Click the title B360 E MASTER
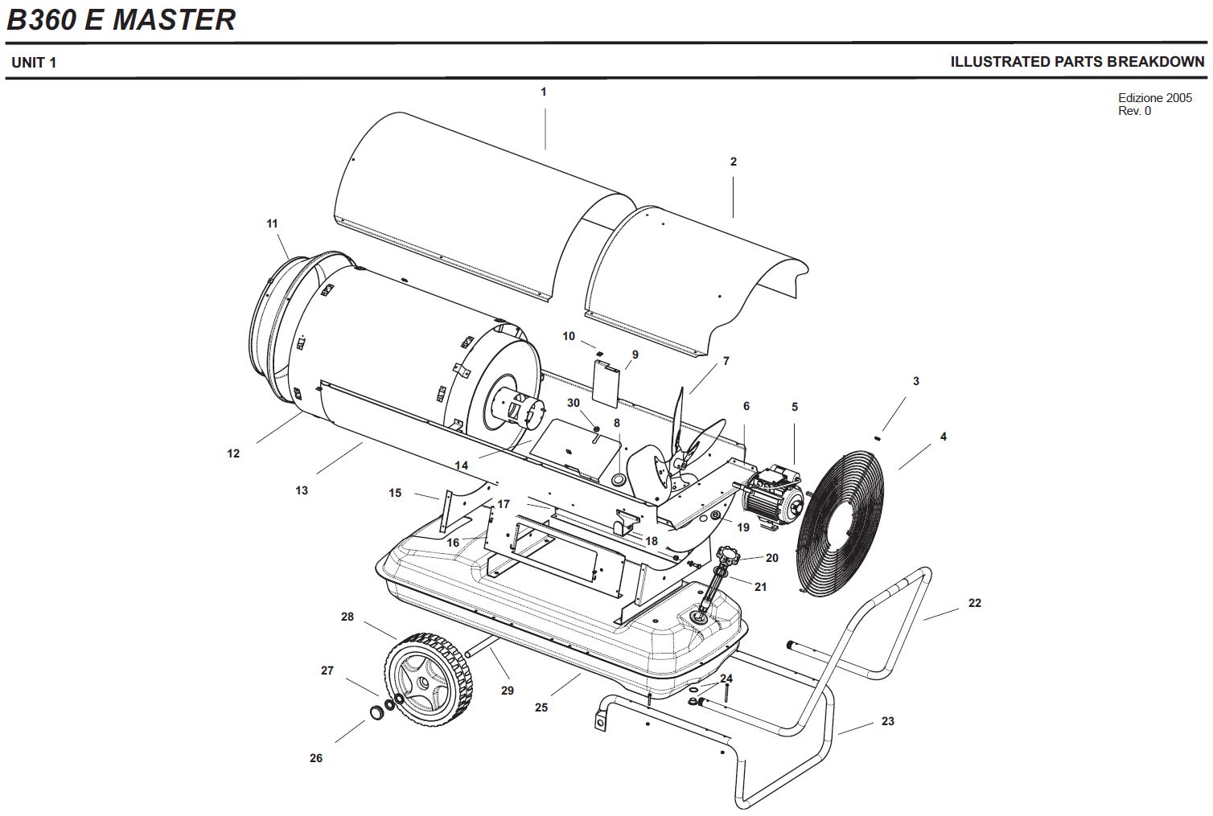[x=121, y=19]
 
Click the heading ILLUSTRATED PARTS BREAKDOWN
[x=1077, y=62]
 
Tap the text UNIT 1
[x=34, y=63]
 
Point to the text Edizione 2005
[x=1154, y=98]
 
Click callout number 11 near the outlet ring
[x=272, y=223]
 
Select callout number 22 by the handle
[x=974, y=603]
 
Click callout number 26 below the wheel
[x=316, y=758]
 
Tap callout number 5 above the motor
[x=795, y=407]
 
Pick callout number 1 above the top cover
[x=543, y=92]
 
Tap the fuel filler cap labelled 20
[x=730, y=555]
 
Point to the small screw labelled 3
[x=879, y=437]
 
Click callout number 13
[x=302, y=490]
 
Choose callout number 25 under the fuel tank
[x=541, y=707]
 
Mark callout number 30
[x=574, y=403]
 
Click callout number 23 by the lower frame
[x=887, y=721]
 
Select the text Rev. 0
[x=1134, y=111]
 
